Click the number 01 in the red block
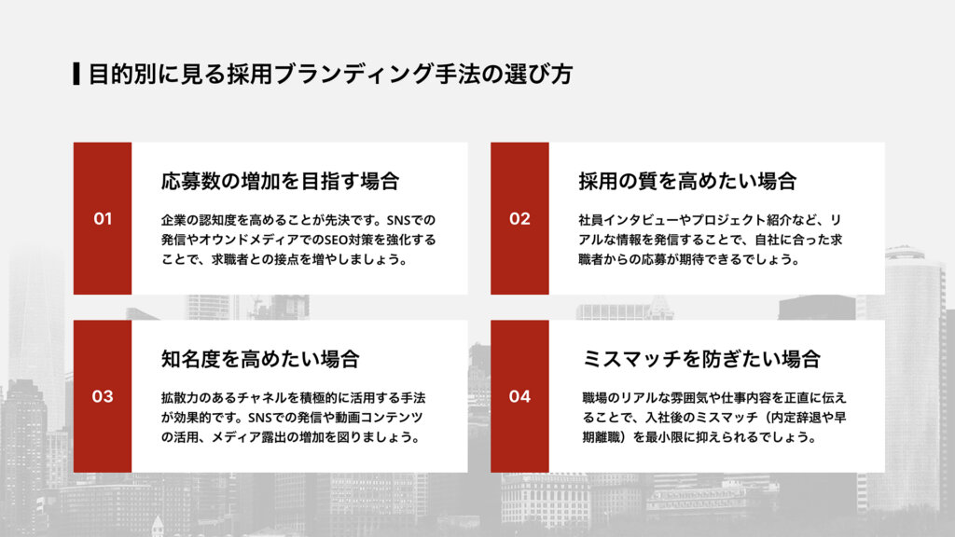point(103,219)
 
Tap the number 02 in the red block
point(519,219)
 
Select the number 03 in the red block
point(103,396)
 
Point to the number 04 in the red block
point(519,396)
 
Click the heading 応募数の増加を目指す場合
point(280,181)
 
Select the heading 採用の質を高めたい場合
point(686,181)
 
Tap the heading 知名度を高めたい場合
point(259,359)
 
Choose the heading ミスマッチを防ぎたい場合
point(700,359)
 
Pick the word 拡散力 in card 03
point(177,398)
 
